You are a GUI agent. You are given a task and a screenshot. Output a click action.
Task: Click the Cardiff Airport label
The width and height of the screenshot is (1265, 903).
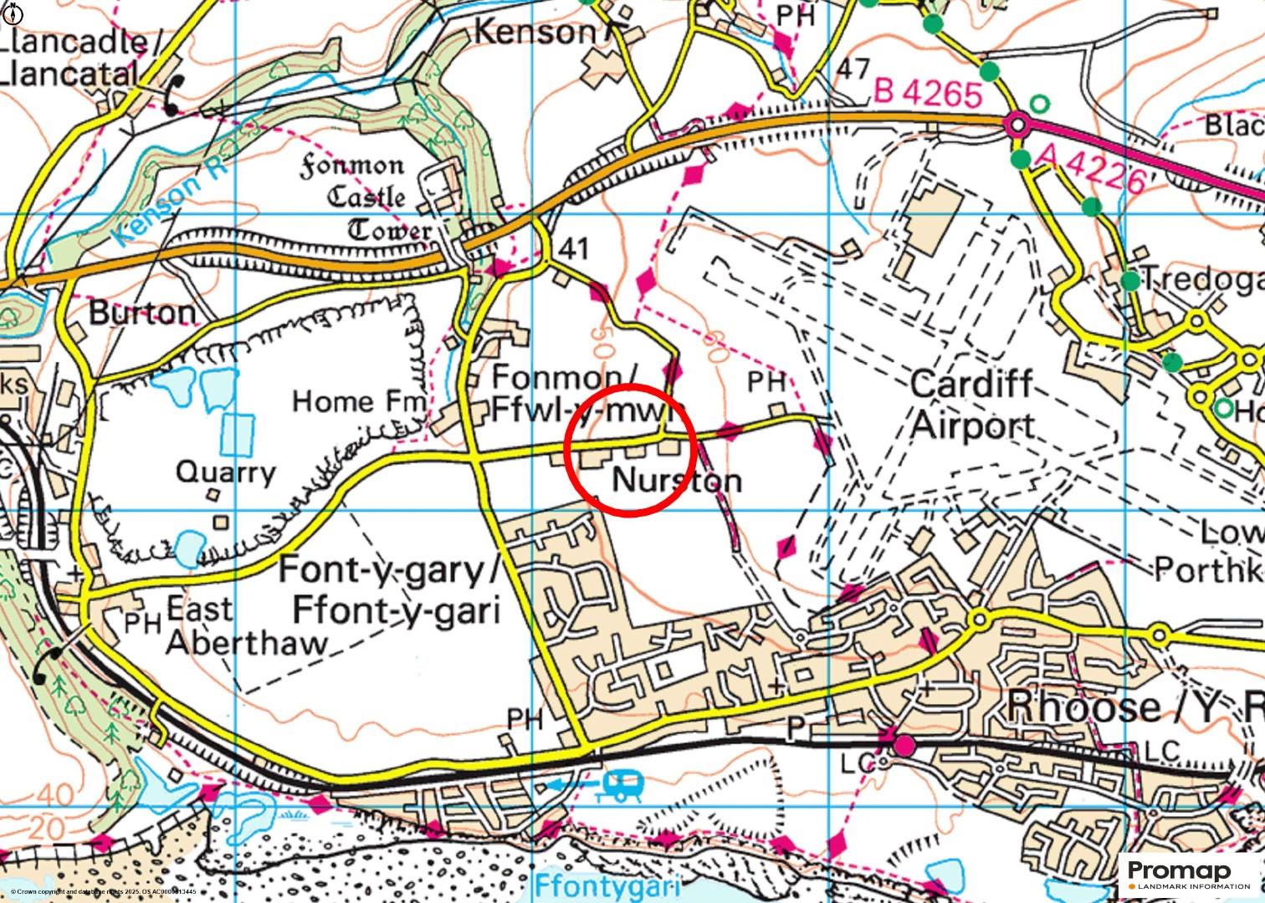pyautogui.click(x=972, y=406)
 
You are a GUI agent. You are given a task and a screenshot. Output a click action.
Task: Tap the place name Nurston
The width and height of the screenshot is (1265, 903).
pyautogui.click(x=677, y=481)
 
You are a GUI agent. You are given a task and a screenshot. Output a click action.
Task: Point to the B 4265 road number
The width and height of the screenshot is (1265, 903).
pyautogui.click(x=927, y=92)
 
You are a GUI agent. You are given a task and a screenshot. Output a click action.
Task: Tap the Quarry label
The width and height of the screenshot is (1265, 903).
pyautogui.click(x=225, y=472)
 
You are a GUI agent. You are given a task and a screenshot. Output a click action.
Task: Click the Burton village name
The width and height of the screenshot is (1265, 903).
pyautogui.click(x=141, y=313)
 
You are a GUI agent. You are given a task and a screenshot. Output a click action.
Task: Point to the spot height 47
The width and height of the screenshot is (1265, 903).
pyautogui.click(x=853, y=69)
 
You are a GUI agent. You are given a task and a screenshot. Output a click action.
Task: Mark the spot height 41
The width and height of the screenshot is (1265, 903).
pyautogui.click(x=574, y=248)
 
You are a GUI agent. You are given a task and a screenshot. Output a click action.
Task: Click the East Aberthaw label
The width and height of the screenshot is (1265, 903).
pyautogui.click(x=246, y=625)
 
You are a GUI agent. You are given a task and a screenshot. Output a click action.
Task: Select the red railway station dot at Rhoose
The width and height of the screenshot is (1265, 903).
pyautogui.click(x=903, y=744)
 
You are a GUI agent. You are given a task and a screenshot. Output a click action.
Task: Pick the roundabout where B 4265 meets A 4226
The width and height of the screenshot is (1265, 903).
pyautogui.click(x=1017, y=125)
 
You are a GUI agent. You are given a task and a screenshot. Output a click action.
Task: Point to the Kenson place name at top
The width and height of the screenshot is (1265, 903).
pyautogui.click(x=535, y=32)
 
